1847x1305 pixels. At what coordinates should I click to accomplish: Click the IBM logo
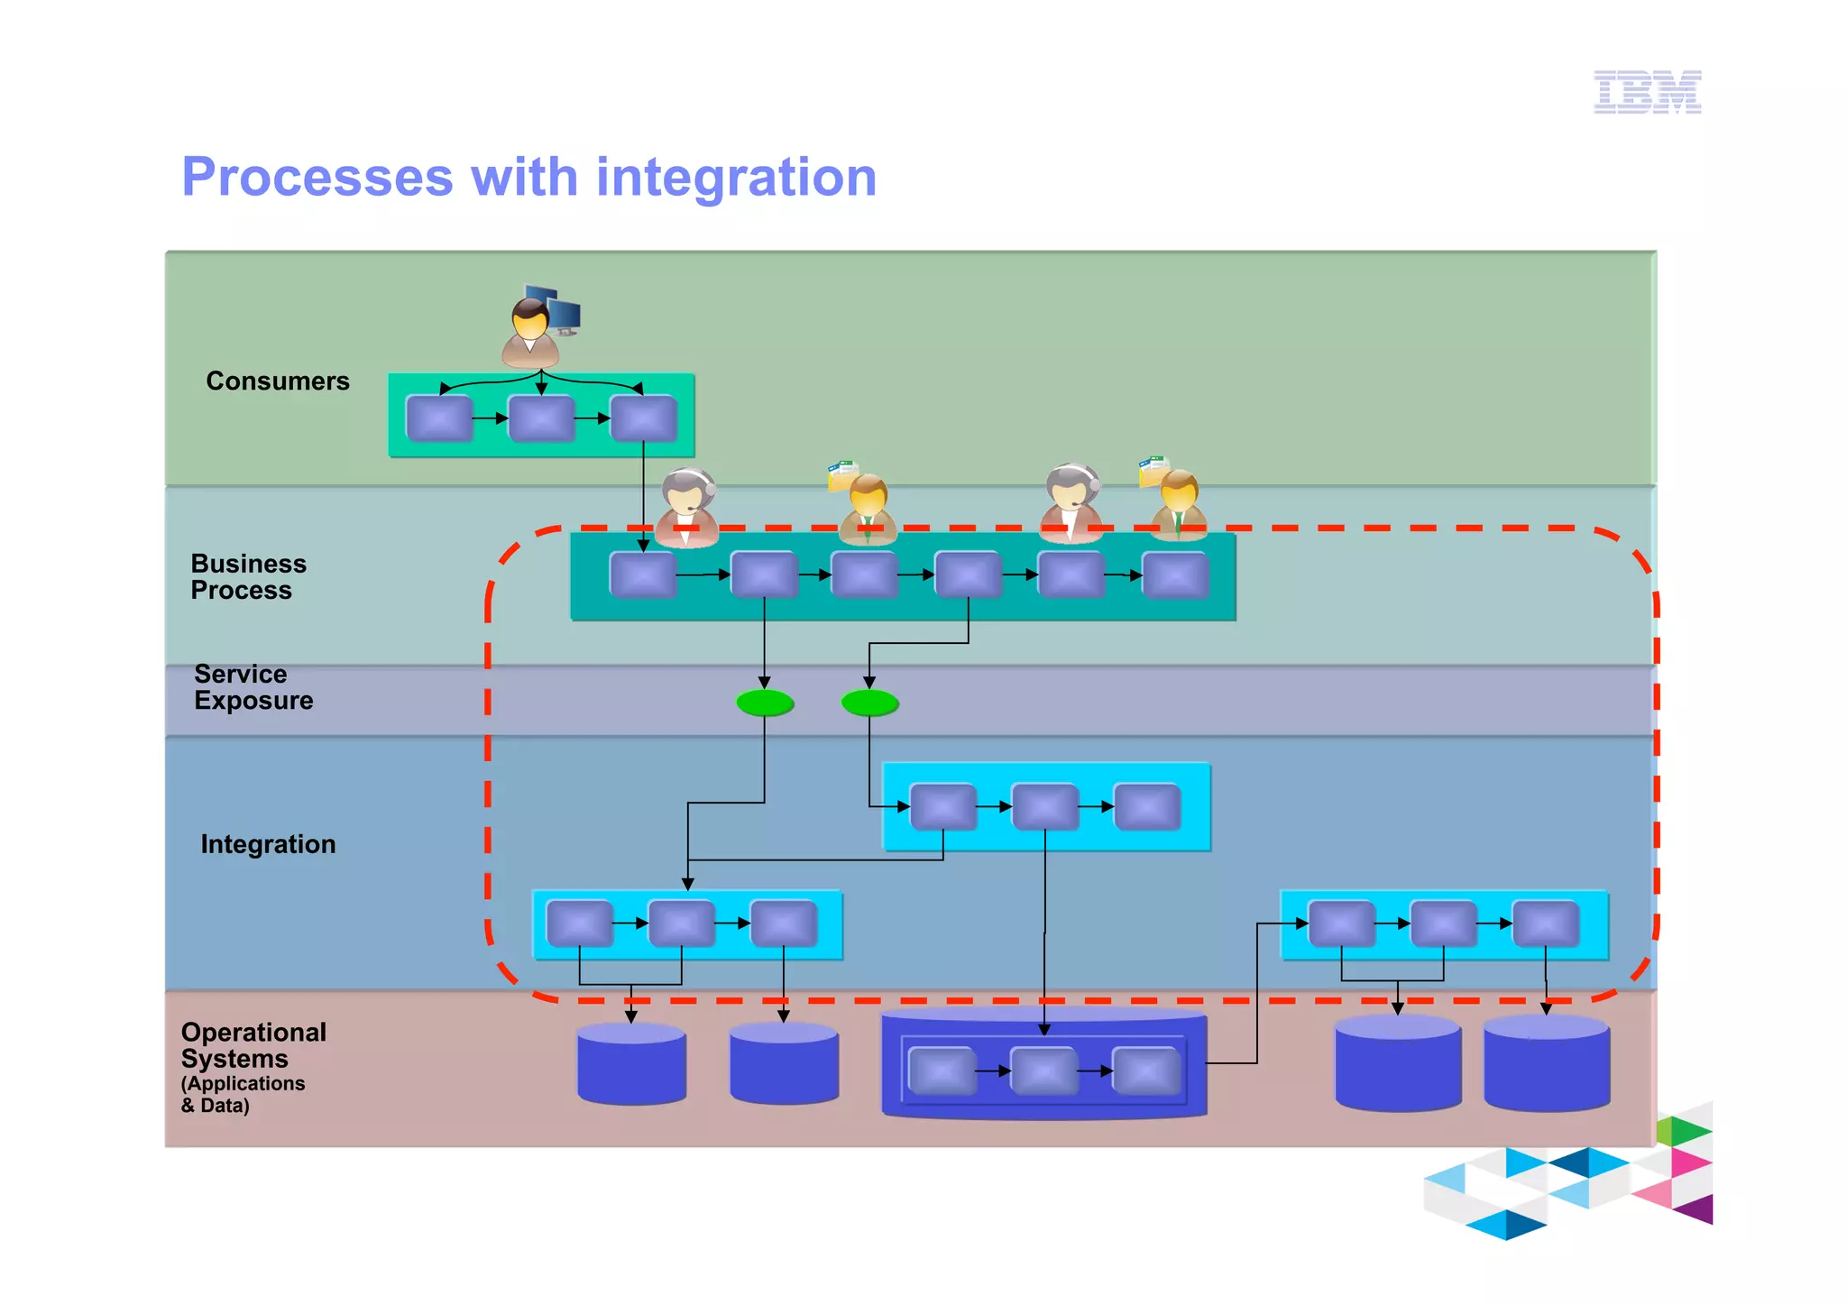click(1647, 92)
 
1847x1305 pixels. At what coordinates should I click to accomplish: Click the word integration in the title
click(736, 177)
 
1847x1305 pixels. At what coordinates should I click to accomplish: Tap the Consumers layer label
click(277, 381)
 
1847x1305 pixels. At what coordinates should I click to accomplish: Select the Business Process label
click(248, 576)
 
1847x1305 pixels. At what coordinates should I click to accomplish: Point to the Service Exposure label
click(253, 686)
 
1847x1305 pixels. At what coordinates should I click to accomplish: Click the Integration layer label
click(268, 844)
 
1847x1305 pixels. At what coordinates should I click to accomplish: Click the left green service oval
click(765, 703)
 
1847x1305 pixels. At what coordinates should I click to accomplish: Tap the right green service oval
click(869, 703)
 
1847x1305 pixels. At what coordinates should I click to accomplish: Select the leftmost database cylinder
click(631, 1064)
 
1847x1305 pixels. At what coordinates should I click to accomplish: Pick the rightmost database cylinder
click(1546, 1064)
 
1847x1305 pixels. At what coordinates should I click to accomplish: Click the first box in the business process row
click(643, 575)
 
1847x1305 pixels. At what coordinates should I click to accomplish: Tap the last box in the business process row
click(1175, 575)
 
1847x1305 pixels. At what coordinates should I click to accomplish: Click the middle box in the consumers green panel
click(541, 418)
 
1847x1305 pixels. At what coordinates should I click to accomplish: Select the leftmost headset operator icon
click(687, 508)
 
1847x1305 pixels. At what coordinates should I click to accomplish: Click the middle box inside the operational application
click(1043, 1071)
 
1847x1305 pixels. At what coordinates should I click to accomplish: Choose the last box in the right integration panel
click(1545, 924)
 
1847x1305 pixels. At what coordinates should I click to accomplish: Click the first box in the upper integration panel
click(943, 806)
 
